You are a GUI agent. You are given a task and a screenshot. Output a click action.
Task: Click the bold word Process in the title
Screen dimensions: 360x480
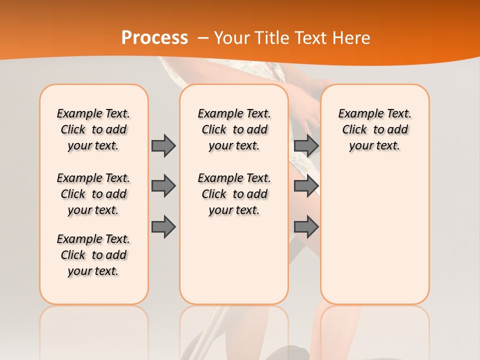coord(154,38)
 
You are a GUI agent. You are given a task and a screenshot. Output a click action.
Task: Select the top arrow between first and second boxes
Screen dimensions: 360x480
coord(163,145)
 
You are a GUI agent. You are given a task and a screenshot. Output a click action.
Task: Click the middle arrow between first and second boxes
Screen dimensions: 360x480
coord(163,186)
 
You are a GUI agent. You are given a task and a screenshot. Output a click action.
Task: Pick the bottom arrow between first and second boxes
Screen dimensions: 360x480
coord(163,227)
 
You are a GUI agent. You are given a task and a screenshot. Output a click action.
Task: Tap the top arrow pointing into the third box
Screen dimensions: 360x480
coord(306,145)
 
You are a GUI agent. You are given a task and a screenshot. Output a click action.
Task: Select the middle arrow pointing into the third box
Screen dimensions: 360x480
coord(306,186)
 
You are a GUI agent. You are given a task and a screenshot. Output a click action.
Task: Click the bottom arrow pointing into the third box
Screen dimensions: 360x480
coord(306,227)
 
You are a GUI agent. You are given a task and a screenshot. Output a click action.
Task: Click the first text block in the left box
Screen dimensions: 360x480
coord(93,129)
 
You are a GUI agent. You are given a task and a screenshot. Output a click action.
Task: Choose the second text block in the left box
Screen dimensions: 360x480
coord(93,194)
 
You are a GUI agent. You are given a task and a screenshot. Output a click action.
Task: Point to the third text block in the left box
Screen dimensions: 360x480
coord(93,255)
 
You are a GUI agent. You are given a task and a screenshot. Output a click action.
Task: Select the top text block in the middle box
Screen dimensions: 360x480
coord(234,129)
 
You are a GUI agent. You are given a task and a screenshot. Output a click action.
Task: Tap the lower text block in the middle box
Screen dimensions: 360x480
coord(234,194)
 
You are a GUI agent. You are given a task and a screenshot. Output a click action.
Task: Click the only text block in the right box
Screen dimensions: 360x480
coord(374,129)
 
